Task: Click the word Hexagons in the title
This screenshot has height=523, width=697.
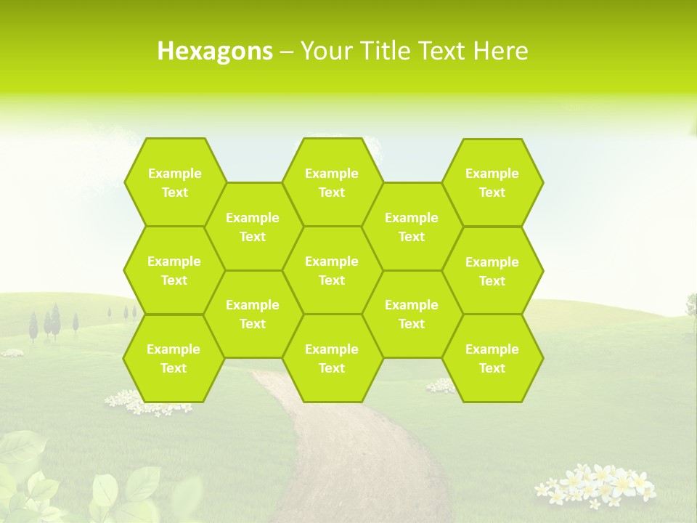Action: click(x=215, y=51)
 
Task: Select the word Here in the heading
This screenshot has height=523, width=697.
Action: click(x=500, y=51)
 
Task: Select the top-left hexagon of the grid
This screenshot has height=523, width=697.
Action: click(x=175, y=182)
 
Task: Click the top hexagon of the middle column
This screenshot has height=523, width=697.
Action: click(x=332, y=182)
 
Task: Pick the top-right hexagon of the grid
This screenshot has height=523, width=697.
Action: click(x=492, y=182)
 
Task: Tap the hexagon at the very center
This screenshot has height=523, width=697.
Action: click(x=332, y=270)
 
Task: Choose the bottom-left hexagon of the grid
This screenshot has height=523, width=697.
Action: click(x=174, y=358)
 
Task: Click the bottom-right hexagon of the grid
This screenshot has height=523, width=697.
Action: click(x=492, y=358)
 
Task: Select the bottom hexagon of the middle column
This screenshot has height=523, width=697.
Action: click(x=332, y=358)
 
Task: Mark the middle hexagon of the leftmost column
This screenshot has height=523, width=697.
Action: click(x=174, y=270)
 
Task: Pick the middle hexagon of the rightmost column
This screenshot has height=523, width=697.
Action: click(x=492, y=271)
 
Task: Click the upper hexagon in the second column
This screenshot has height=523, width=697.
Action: click(x=253, y=227)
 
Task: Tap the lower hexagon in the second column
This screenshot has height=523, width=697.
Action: click(x=253, y=314)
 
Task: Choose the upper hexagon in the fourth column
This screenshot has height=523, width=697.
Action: click(x=412, y=227)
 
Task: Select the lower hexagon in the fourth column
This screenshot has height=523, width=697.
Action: click(x=412, y=314)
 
